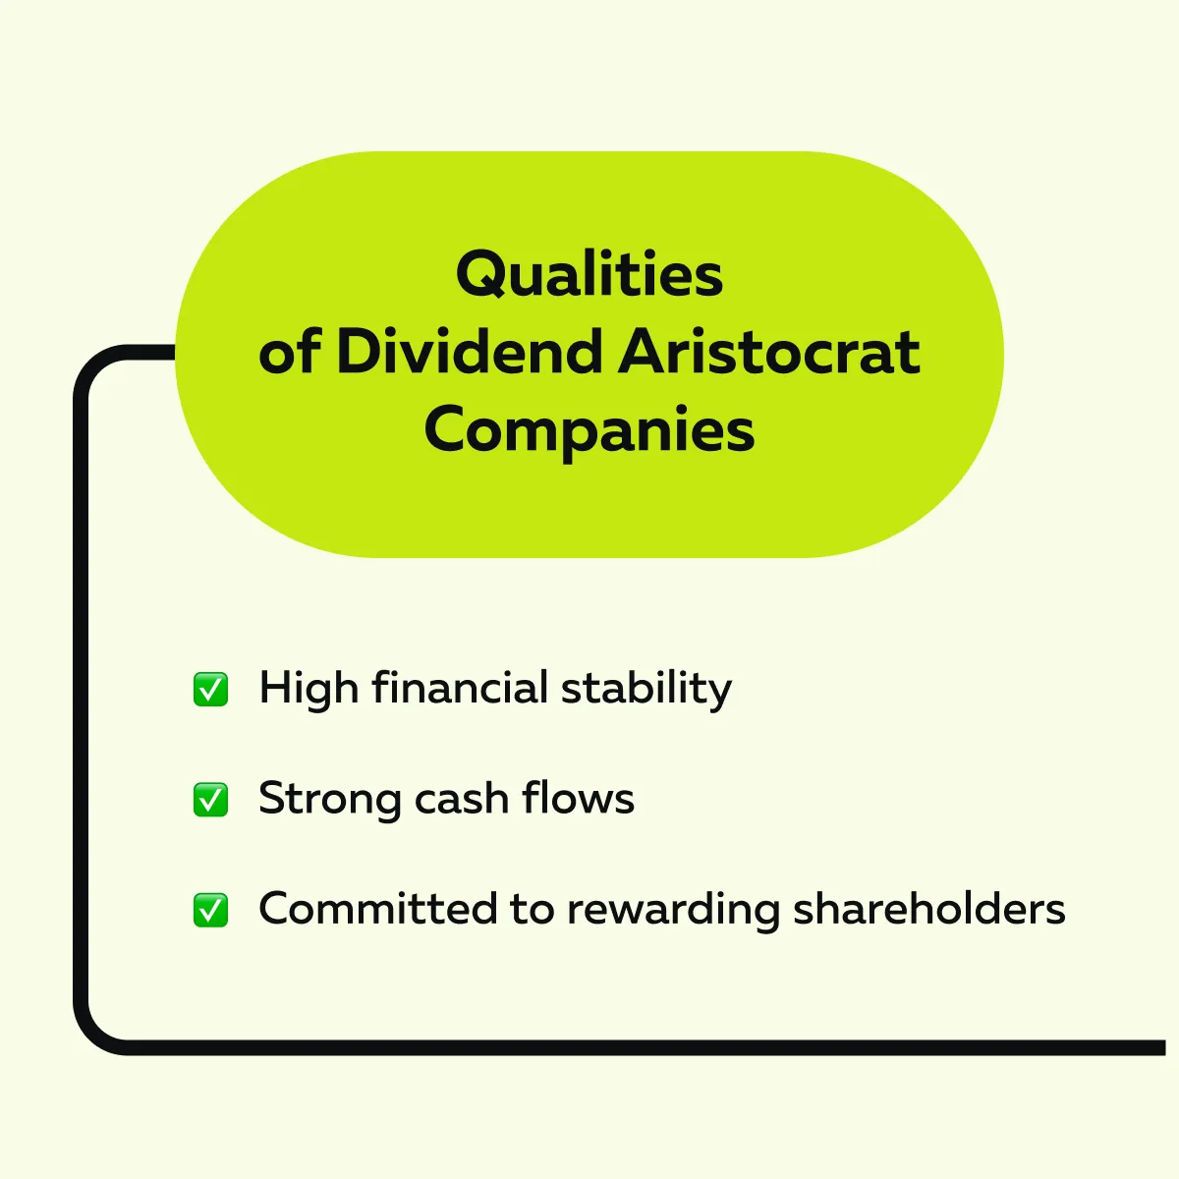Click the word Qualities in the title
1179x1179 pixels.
[589, 274]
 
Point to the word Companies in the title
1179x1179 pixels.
[589, 432]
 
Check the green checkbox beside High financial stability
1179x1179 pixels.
[210, 689]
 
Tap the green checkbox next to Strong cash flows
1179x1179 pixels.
[210, 799]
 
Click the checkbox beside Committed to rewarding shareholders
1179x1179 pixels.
[210, 910]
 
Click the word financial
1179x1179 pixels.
[460, 687]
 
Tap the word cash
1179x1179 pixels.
[462, 798]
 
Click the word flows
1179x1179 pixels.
[579, 798]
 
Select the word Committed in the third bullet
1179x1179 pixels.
[378, 909]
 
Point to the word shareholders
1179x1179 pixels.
[929, 909]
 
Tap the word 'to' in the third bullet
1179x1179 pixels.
[533, 910]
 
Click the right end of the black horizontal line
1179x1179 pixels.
[1164, 1047]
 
